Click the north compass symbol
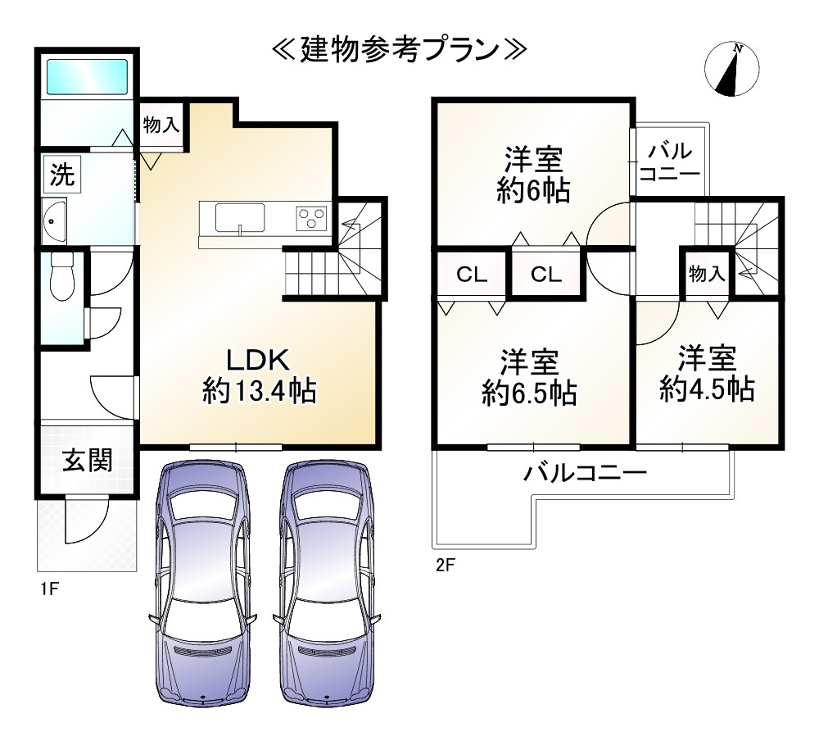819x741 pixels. pyautogui.click(x=731, y=70)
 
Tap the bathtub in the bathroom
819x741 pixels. pyautogui.click(x=88, y=76)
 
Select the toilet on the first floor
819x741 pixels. pyautogui.click(x=62, y=276)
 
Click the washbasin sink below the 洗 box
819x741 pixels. pyautogui.click(x=54, y=220)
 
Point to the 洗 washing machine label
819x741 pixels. pyautogui.click(x=62, y=174)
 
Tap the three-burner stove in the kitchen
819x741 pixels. pyautogui.click(x=312, y=218)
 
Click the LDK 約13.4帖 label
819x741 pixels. pyautogui.click(x=259, y=376)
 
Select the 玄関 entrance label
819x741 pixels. pyautogui.click(x=88, y=461)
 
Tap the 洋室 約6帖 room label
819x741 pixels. pyautogui.click(x=533, y=175)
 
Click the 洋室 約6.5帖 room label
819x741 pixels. pyautogui.click(x=529, y=377)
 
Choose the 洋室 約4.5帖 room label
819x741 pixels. pyautogui.click(x=707, y=374)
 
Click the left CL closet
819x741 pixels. pyautogui.click(x=472, y=275)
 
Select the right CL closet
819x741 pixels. pyautogui.click(x=545, y=275)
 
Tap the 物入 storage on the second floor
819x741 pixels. pyautogui.click(x=707, y=273)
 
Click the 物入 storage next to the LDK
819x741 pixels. pyautogui.click(x=161, y=125)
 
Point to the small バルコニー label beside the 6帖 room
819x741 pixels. pyautogui.click(x=669, y=162)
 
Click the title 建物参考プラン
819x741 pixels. pyautogui.click(x=400, y=51)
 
